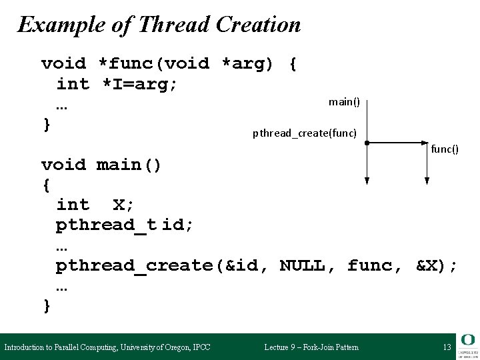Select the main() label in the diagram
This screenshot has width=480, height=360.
coord(344,102)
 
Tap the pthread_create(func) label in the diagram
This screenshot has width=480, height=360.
coord(305,133)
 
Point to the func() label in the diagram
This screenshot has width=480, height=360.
coord(445,149)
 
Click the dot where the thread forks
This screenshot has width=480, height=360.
coord(367,143)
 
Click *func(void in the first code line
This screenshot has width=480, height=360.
coord(153,64)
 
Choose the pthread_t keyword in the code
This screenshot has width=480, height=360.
coord(106,225)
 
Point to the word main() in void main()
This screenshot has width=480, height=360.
coord(129,165)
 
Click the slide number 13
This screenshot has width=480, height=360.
coord(447,347)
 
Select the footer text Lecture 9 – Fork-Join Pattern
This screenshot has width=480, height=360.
coord(311,347)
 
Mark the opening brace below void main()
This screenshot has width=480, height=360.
coord(46,184)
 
